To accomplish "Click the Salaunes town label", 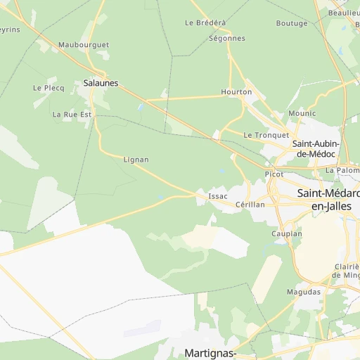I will click(101, 83).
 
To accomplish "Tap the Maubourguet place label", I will click(84, 44).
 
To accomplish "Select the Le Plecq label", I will click(49, 88).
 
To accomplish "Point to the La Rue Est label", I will click(72, 114).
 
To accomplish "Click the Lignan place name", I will click(136, 160).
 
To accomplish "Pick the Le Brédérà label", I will click(205, 22).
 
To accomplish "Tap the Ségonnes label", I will click(227, 38).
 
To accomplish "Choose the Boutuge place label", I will click(292, 23).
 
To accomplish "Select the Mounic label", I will click(302, 113).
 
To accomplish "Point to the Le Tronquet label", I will click(266, 135).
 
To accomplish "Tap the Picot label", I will click(274, 174).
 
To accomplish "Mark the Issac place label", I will click(218, 195).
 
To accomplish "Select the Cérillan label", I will click(250, 204).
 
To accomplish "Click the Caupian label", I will click(287, 233).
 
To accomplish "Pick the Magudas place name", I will click(304, 291).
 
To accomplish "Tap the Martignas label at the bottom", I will click(209, 352).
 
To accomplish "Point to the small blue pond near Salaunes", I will click(141, 108).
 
